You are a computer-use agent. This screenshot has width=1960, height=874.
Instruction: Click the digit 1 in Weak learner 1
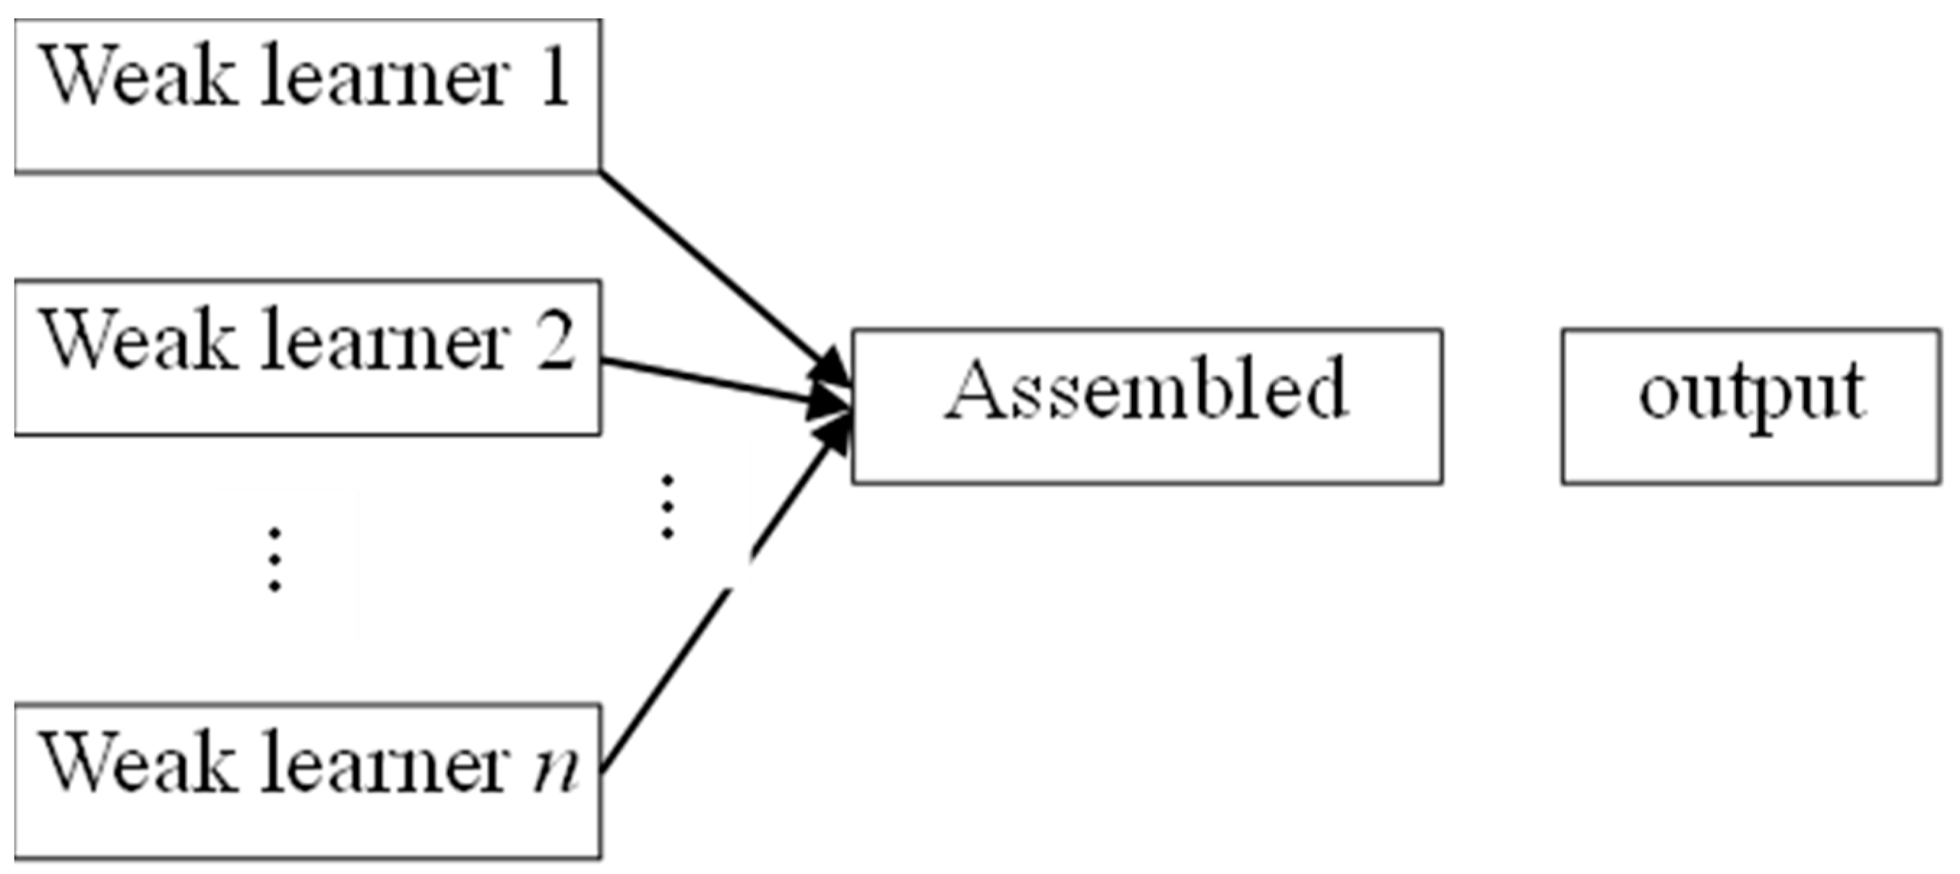click(554, 76)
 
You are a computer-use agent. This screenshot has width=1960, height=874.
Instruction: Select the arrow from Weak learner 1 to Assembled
click(715, 267)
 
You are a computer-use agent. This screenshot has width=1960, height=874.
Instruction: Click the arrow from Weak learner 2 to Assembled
click(708, 381)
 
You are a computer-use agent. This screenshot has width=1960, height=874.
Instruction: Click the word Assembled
click(1147, 389)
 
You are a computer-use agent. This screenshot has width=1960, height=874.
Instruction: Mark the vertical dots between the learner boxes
click(274, 560)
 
